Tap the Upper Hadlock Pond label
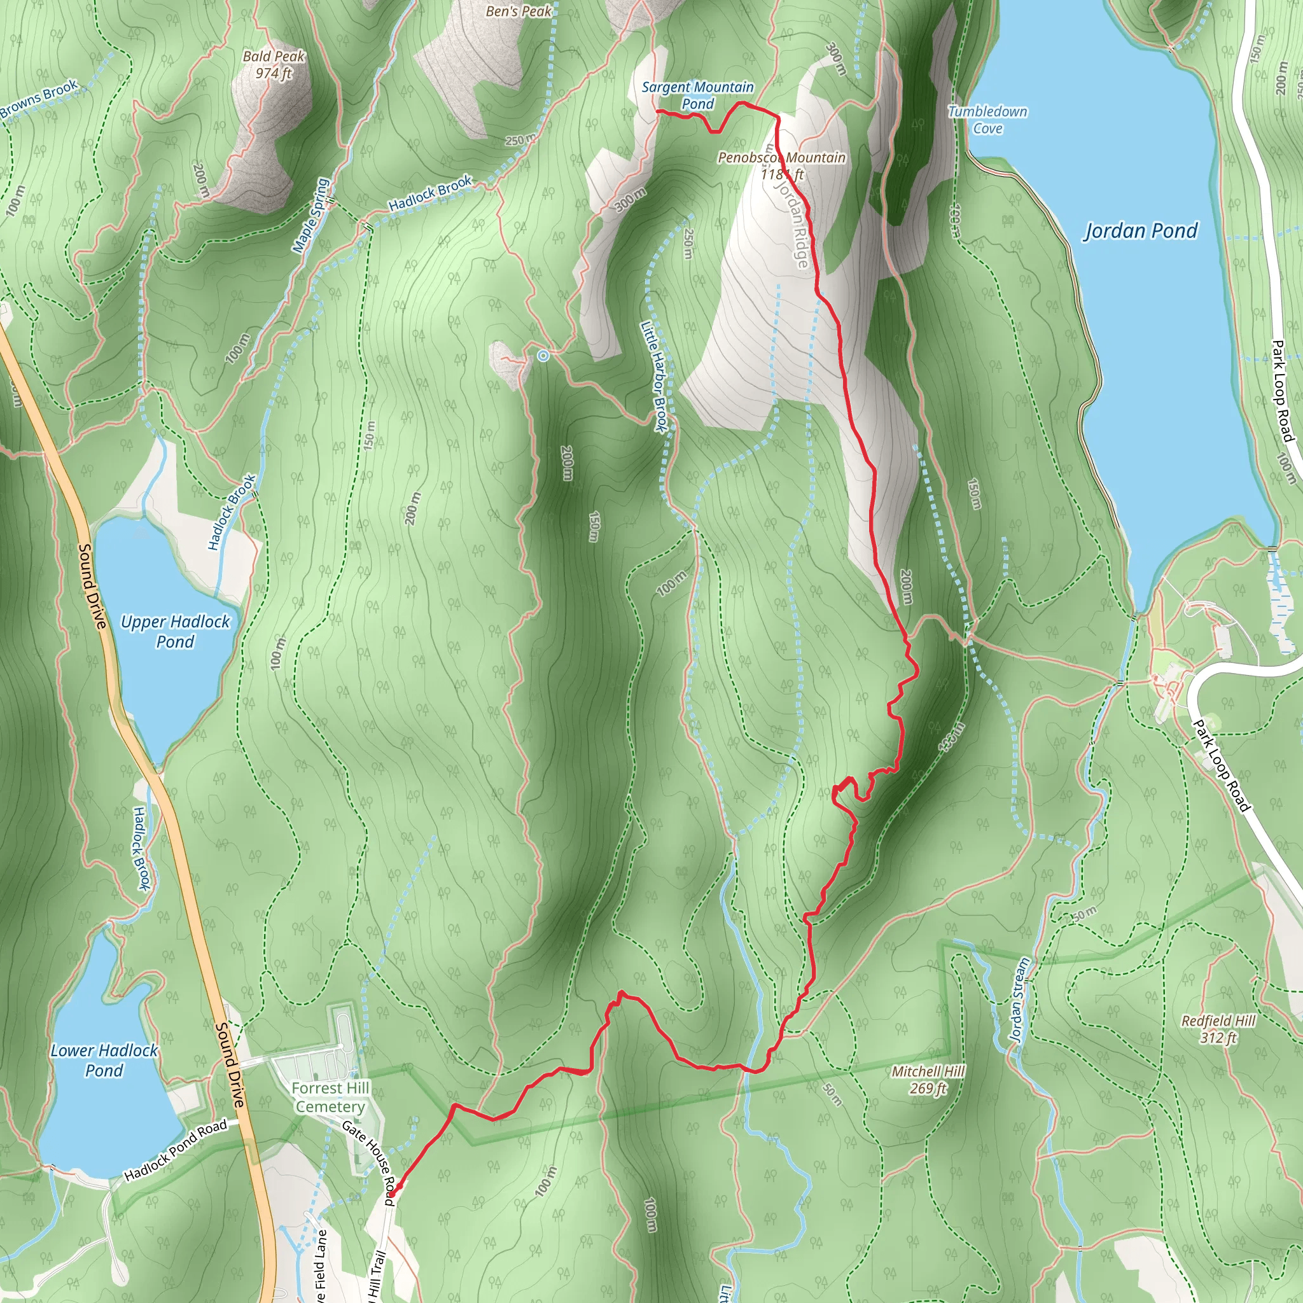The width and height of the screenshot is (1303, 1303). tap(176, 631)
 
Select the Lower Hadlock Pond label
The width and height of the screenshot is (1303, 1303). tap(104, 1060)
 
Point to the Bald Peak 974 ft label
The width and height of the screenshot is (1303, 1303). tap(274, 65)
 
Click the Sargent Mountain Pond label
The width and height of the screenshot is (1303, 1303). tap(697, 95)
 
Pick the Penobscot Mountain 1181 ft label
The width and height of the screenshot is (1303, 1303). tap(781, 165)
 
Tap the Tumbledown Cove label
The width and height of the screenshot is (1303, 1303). tap(987, 120)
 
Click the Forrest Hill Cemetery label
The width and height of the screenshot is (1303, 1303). tap(330, 1097)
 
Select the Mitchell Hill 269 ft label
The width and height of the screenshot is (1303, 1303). tap(928, 1080)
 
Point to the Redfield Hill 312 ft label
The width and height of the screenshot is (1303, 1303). tap(1218, 1029)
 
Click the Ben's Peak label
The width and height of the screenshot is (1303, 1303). tap(519, 11)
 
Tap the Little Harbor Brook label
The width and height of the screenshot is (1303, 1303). tap(653, 375)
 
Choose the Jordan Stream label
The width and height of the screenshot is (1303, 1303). tap(1019, 1000)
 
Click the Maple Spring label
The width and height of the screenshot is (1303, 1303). tap(311, 216)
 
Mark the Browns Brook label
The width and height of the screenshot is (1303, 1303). tap(39, 99)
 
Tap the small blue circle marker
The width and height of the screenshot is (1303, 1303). tap(543, 356)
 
